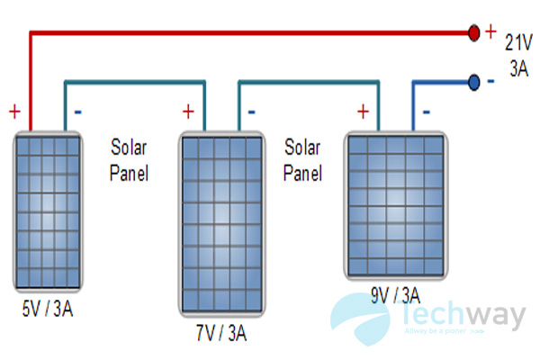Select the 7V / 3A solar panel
pyautogui.click(x=222, y=224)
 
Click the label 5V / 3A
pyautogui.click(x=49, y=310)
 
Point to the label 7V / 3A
pyautogui.click(x=222, y=335)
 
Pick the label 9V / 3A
pyautogui.click(x=394, y=294)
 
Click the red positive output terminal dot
pyautogui.click(x=473, y=33)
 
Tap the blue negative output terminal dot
pyautogui.click(x=473, y=83)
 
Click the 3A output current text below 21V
pyautogui.click(x=518, y=68)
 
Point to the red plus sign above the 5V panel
pyautogui.click(x=14, y=112)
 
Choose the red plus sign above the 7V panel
pyautogui.click(x=188, y=112)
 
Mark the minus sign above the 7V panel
pyautogui.click(x=251, y=112)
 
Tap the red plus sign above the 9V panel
pyautogui.click(x=363, y=112)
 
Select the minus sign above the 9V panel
pyautogui.click(x=426, y=112)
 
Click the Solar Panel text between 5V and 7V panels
pyautogui.click(x=130, y=158)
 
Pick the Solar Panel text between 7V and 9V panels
pyautogui.click(x=303, y=158)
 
